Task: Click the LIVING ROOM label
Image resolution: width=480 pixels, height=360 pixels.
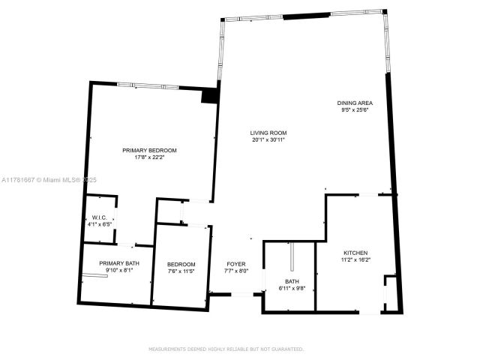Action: (x=268, y=133)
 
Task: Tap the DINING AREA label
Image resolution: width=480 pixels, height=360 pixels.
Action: (x=355, y=103)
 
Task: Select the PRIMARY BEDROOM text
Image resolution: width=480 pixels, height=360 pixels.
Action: (x=149, y=150)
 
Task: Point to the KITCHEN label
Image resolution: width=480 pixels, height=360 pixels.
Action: (x=355, y=253)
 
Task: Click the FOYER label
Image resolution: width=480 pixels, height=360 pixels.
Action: (x=236, y=265)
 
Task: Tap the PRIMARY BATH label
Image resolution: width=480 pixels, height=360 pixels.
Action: (x=119, y=263)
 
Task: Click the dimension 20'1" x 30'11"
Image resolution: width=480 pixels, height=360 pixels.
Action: (x=268, y=139)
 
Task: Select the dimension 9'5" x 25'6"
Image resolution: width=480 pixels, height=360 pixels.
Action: (x=355, y=109)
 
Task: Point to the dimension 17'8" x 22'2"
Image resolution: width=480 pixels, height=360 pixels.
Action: (x=149, y=157)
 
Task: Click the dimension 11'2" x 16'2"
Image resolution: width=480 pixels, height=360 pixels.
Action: (x=355, y=259)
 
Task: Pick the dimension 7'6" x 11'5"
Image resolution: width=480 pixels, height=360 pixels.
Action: (x=181, y=271)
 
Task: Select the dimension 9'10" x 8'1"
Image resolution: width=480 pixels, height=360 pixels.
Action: (x=119, y=270)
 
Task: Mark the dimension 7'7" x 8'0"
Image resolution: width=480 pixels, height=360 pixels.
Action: (x=236, y=271)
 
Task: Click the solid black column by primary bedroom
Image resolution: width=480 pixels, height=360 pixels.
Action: (x=210, y=97)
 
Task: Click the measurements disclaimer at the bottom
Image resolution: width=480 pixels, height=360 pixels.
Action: (x=225, y=349)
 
